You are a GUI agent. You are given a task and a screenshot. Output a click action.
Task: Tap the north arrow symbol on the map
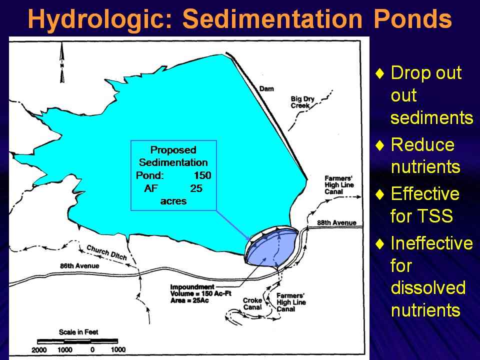point(62,62)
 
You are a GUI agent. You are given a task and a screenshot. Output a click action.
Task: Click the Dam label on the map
point(266,89)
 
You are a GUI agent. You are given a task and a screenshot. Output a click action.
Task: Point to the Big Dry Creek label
point(302,102)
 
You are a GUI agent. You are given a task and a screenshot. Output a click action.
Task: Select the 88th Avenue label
point(336,223)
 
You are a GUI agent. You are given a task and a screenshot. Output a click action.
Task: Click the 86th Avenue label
point(79,265)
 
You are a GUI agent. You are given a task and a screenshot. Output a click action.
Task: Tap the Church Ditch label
point(106,252)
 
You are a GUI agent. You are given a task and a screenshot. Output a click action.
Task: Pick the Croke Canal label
point(252,303)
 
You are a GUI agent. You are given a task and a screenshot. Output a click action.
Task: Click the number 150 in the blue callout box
point(202,175)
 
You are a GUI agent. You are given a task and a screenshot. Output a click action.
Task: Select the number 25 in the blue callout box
point(196,188)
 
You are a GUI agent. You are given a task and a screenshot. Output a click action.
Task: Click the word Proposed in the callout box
point(173,150)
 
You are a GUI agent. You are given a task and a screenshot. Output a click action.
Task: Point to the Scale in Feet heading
point(78,332)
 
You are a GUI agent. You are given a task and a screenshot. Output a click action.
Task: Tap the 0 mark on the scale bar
point(92,349)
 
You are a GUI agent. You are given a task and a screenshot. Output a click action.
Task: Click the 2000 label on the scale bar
point(39,349)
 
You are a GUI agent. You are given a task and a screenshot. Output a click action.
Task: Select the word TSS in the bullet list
point(437,215)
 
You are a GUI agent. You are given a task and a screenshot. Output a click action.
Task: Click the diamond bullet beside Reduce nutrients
point(379,145)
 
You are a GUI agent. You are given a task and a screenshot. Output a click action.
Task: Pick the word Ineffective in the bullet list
point(431,243)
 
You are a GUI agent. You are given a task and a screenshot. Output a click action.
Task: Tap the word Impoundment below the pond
point(192,287)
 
